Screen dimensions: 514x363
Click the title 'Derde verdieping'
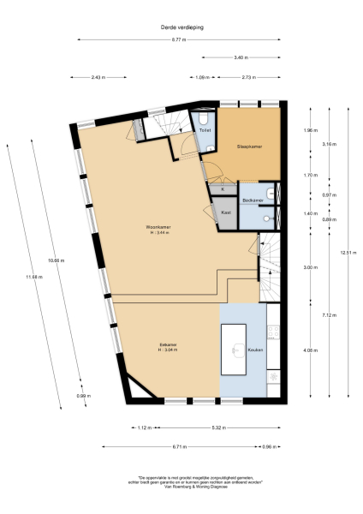pos(181,27)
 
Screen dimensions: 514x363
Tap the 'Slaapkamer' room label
pos(249,146)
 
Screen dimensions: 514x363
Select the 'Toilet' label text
pos(205,130)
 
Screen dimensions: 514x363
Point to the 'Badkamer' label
pos(252,200)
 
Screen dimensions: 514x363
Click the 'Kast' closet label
pos(226,212)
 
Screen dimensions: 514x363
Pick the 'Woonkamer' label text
pos(159,226)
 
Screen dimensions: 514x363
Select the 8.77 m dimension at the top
pos(179,41)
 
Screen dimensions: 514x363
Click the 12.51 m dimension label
pos(345,252)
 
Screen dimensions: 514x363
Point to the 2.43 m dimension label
pos(98,77)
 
